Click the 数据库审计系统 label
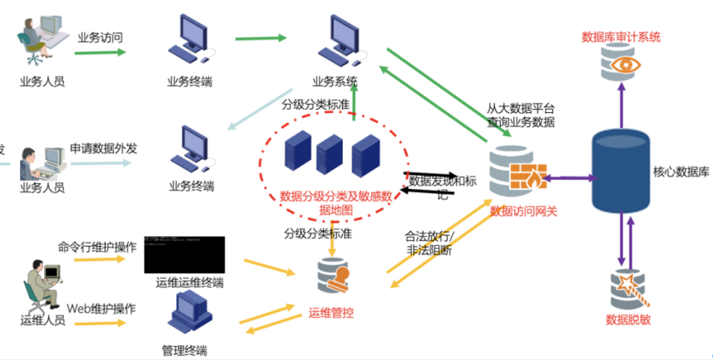tap(621, 37)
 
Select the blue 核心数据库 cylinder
tap(621, 174)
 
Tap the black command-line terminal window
tap(184, 254)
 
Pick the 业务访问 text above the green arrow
tap(100, 37)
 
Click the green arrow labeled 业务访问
tap(100, 52)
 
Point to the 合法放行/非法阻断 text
tap(429, 241)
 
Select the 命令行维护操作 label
tap(97, 247)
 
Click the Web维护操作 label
tap(102, 308)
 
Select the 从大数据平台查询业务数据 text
tap(522, 116)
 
